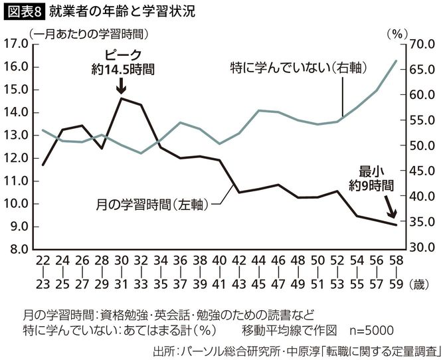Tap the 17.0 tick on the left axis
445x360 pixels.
[x=15, y=44]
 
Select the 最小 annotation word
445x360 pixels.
[x=372, y=170]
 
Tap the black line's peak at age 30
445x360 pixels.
[x=121, y=98]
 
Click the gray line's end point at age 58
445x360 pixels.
[x=397, y=60]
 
